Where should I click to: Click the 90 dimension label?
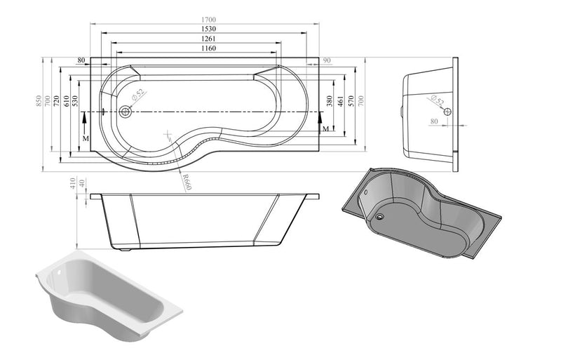click(327, 61)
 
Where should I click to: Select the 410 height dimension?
click(72, 185)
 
